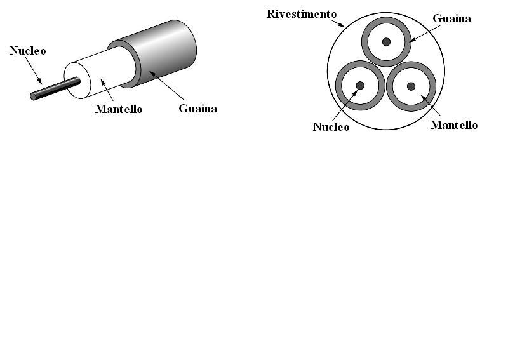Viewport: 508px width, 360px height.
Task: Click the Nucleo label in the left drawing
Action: tap(27, 51)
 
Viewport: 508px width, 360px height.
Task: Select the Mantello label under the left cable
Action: tap(118, 109)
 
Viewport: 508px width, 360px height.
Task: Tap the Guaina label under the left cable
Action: tap(197, 109)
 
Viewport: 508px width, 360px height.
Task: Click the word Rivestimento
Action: tap(301, 14)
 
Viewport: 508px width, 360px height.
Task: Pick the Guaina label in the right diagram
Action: tap(451, 18)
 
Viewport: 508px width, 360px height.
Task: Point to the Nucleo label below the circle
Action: tap(331, 127)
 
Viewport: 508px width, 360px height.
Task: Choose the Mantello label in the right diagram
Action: tap(453, 125)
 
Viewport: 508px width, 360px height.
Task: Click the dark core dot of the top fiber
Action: tap(385, 42)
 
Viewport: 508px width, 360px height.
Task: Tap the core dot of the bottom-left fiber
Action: tap(360, 86)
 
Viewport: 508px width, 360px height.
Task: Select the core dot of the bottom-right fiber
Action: tap(411, 86)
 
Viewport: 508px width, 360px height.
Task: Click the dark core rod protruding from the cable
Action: tap(55, 88)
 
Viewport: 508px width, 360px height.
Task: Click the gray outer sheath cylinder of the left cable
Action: tap(168, 51)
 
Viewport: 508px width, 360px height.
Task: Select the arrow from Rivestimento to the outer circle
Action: tap(340, 22)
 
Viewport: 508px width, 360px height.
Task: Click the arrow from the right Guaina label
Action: tap(421, 32)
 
